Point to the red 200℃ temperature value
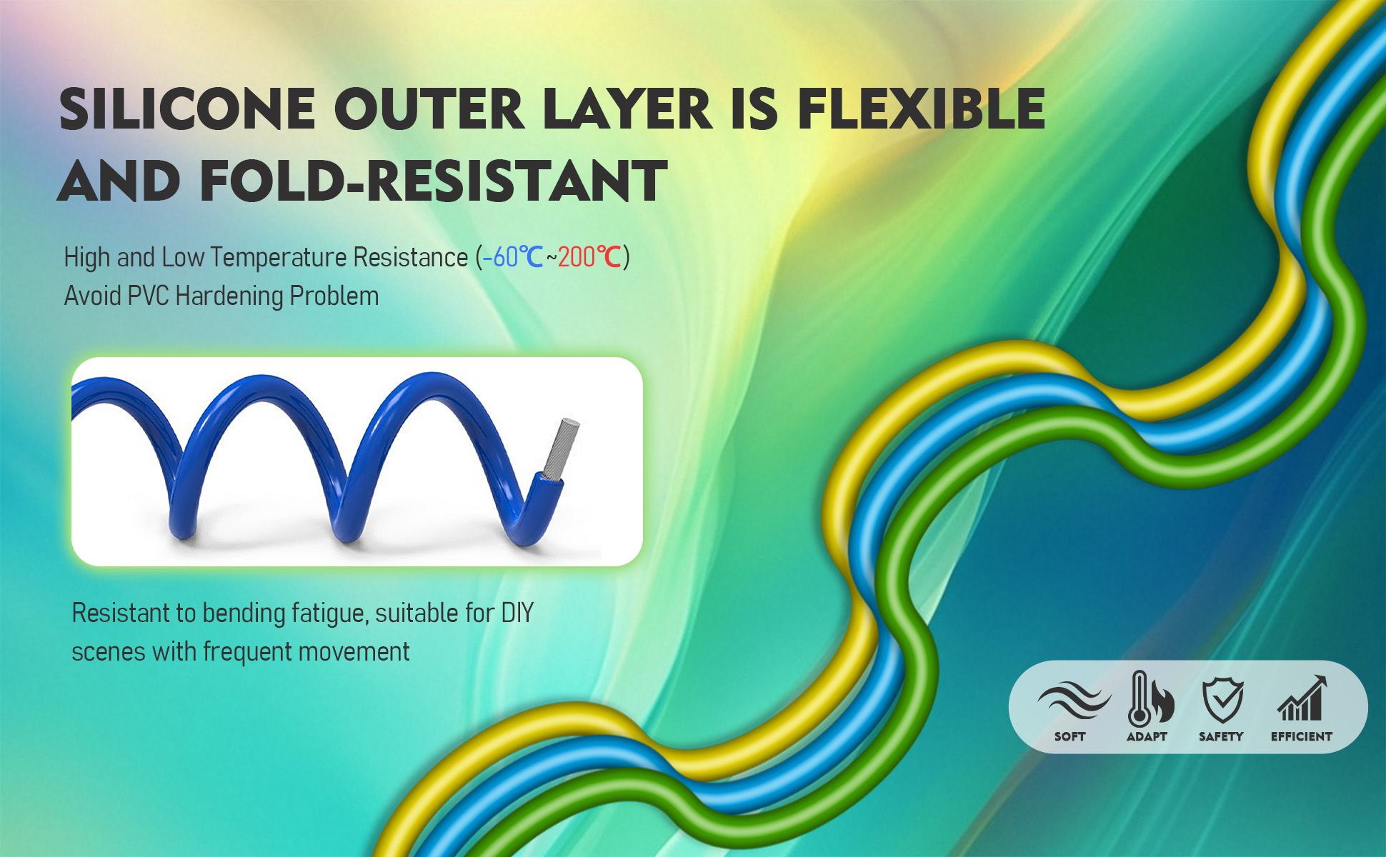coord(589,257)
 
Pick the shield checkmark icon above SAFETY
coord(1223,700)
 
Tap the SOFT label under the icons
coord(1070,736)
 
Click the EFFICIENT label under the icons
coord(1302,736)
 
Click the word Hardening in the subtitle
coord(221,296)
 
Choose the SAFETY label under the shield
coord(1221,736)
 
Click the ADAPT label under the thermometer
coord(1147,736)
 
